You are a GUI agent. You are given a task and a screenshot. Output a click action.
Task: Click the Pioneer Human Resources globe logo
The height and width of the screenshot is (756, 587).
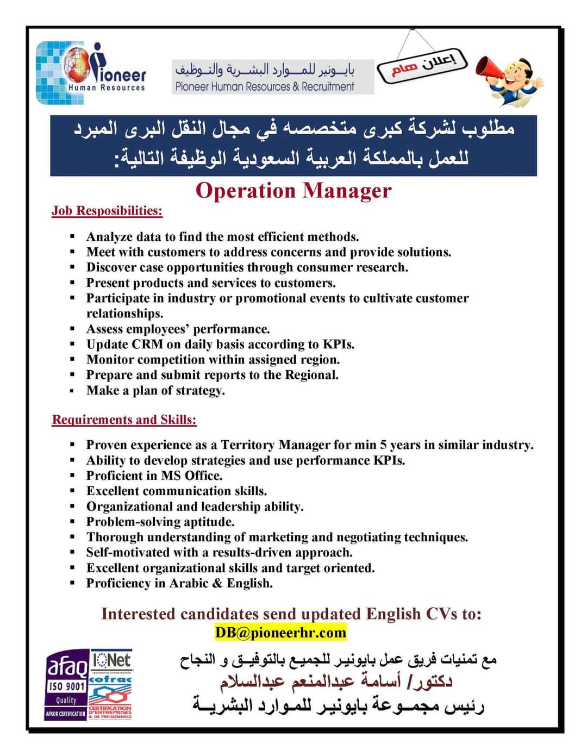tap(90, 72)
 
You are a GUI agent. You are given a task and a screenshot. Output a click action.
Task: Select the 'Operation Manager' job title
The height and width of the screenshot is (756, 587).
tap(293, 191)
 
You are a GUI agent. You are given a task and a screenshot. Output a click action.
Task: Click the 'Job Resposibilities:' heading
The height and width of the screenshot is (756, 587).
tap(107, 211)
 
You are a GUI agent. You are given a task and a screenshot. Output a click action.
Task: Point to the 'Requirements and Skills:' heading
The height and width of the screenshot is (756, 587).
tap(124, 420)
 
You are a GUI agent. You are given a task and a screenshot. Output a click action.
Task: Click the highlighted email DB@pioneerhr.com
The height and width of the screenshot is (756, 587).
tap(280, 633)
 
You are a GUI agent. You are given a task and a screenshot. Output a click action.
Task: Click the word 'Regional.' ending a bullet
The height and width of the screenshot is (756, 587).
tap(311, 375)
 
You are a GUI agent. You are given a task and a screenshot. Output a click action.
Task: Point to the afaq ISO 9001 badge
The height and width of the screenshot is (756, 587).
tap(66, 684)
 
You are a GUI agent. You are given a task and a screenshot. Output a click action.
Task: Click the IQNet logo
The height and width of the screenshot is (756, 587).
tap(111, 660)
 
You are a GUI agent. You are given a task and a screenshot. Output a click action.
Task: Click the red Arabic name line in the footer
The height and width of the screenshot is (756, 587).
tap(336, 682)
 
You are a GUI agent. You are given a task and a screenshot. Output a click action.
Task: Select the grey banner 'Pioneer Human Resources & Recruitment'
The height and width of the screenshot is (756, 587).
tap(273, 77)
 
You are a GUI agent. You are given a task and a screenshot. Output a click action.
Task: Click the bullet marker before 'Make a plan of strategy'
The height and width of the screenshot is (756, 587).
tap(72, 391)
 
